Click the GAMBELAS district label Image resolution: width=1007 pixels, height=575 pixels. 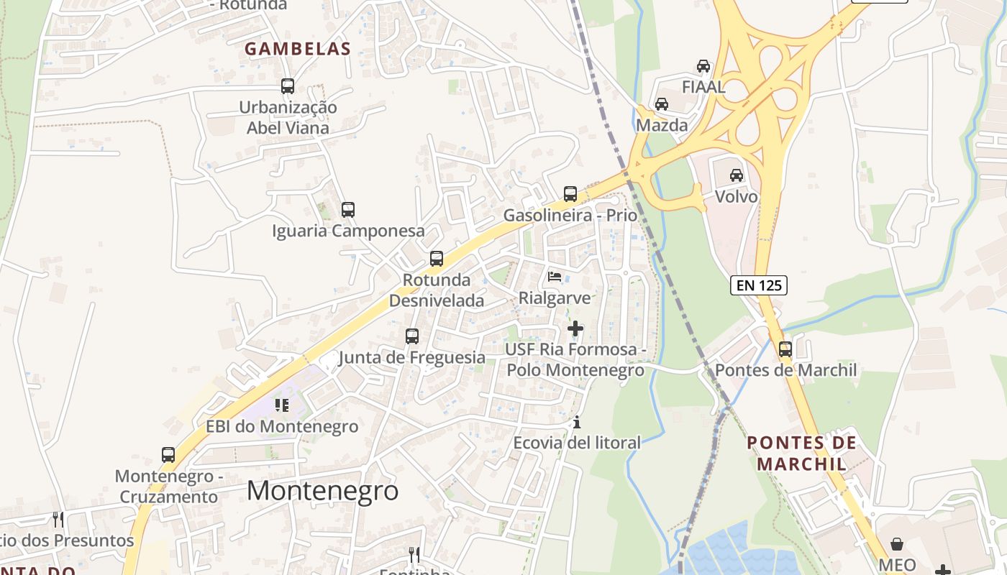[x=298, y=49]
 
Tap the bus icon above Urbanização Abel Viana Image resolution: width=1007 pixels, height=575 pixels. [x=288, y=86]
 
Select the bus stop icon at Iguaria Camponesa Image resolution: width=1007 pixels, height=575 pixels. [x=348, y=210]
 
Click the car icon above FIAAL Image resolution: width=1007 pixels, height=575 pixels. [x=703, y=66]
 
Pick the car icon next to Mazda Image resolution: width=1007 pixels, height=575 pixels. [x=662, y=104]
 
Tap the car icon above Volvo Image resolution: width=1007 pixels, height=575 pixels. [x=737, y=175]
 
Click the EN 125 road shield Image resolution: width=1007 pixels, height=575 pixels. [x=759, y=285]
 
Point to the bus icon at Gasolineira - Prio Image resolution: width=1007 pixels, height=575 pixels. [x=570, y=193]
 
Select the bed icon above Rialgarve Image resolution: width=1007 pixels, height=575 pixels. [x=555, y=276]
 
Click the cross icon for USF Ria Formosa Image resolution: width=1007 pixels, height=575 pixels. [x=575, y=328]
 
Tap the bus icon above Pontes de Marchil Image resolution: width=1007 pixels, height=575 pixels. [x=785, y=349]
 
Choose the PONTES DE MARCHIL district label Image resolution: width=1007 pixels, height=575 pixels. [x=802, y=453]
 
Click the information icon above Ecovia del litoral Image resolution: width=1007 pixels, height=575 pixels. [x=576, y=423]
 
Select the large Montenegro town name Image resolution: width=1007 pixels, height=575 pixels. [x=322, y=490]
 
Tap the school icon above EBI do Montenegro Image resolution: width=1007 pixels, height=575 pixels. [x=282, y=405]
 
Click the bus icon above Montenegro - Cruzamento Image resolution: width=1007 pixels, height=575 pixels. [x=168, y=455]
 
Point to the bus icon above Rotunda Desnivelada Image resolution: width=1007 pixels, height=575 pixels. [x=437, y=259]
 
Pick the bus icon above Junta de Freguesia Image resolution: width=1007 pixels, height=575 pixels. [x=412, y=336]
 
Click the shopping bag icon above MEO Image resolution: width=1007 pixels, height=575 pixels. [x=897, y=544]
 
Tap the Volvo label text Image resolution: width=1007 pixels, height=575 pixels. [x=737, y=197]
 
